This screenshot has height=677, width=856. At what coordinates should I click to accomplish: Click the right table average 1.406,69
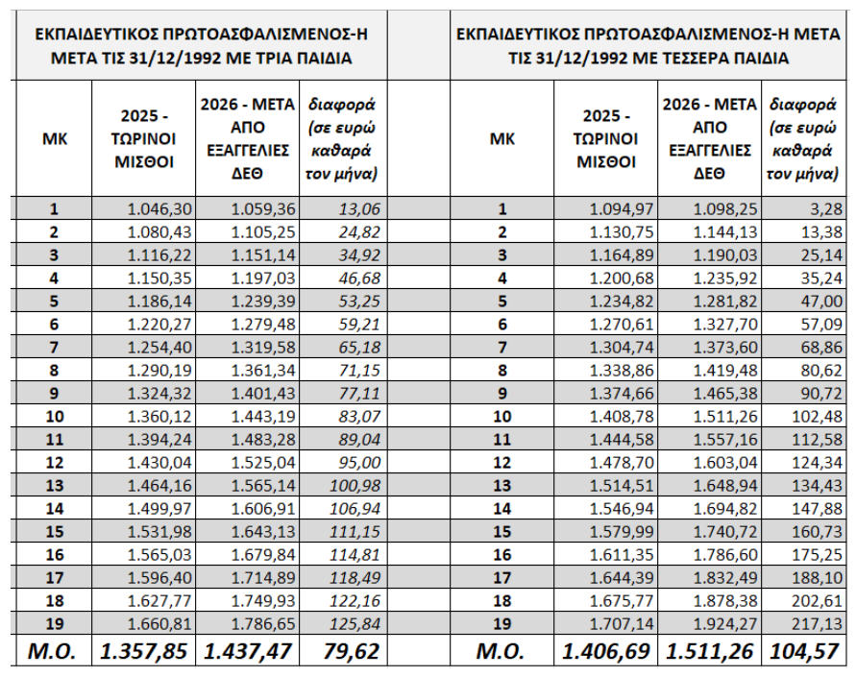coord(606,652)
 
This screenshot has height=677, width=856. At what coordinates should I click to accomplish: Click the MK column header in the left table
coord(55,137)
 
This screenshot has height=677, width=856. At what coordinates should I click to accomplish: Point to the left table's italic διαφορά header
coord(342,137)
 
